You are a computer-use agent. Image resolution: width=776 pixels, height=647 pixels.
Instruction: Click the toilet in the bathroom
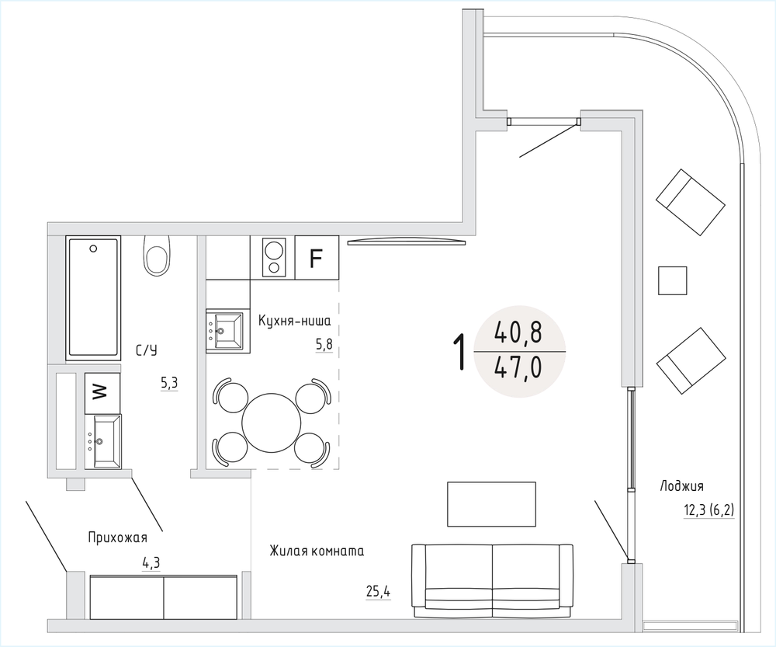pyautogui.click(x=157, y=255)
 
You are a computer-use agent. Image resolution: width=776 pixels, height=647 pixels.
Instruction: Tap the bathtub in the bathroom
pyautogui.click(x=93, y=297)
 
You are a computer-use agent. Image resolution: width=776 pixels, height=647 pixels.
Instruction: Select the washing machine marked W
pyautogui.click(x=102, y=393)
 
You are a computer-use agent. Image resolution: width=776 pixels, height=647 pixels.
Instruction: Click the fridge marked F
pyautogui.click(x=317, y=258)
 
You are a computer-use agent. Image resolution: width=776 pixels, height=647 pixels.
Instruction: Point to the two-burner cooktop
pyautogui.click(x=272, y=258)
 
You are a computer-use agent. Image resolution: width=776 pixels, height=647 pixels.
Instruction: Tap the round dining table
pyautogui.click(x=272, y=423)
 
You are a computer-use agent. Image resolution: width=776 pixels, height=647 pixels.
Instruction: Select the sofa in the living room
pyautogui.click(x=493, y=581)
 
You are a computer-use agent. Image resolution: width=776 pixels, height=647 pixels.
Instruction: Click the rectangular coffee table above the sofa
pyautogui.click(x=491, y=504)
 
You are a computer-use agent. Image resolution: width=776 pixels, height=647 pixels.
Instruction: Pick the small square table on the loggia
pyautogui.click(x=673, y=280)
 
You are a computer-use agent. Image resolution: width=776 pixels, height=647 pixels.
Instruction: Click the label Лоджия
pyautogui.click(x=681, y=486)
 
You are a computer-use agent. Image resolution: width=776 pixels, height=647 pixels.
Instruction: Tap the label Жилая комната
pyautogui.click(x=317, y=551)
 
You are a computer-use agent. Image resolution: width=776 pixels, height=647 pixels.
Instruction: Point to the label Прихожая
pyautogui.click(x=118, y=537)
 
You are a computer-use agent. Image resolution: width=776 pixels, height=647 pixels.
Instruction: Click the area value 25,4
pyautogui.click(x=378, y=591)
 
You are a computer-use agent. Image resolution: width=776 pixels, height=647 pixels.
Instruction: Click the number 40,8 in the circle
pyautogui.click(x=518, y=332)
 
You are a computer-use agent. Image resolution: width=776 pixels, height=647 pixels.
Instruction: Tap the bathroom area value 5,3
pyautogui.click(x=168, y=383)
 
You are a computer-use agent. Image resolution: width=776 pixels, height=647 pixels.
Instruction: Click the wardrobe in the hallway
pyautogui.click(x=164, y=597)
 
